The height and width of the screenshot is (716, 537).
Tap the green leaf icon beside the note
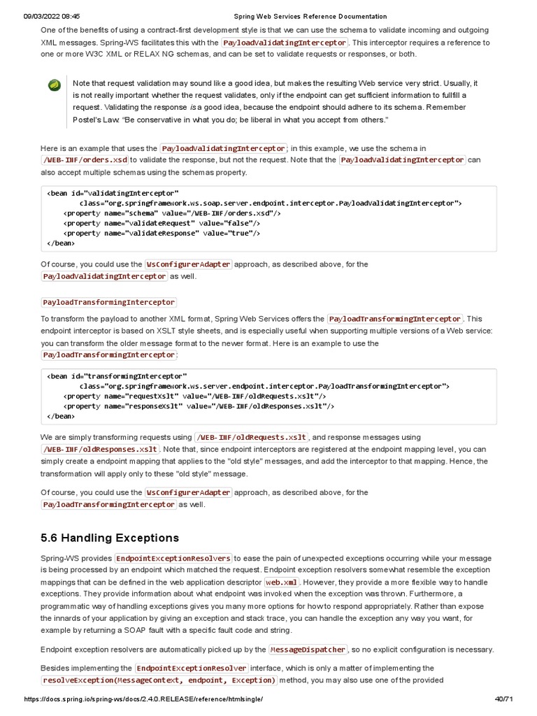click(x=53, y=85)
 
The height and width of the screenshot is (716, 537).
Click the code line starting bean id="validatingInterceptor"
click(x=113, y=192)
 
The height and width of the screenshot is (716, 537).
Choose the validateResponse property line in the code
click(x=162, y=234)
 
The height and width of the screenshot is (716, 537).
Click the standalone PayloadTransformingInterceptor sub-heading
click(x=108, y=302)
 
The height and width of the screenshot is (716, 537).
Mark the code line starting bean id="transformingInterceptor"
click(x=117, y=375)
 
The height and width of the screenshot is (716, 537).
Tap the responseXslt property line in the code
click(x=199, y=406)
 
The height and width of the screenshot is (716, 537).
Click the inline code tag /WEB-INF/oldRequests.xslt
click(x=251, y=437)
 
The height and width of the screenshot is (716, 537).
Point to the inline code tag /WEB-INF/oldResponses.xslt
click(x=100, y=449)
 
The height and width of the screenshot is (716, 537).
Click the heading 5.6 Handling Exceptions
click(x=110, y=538)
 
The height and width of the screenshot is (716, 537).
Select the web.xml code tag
click(x=282, y=582)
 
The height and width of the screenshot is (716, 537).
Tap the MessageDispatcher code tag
click(x=308, y=649)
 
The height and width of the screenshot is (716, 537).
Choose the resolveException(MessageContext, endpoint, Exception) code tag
click(x=159, y=680)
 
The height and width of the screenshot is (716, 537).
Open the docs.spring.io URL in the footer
click(x=143, y=699)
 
